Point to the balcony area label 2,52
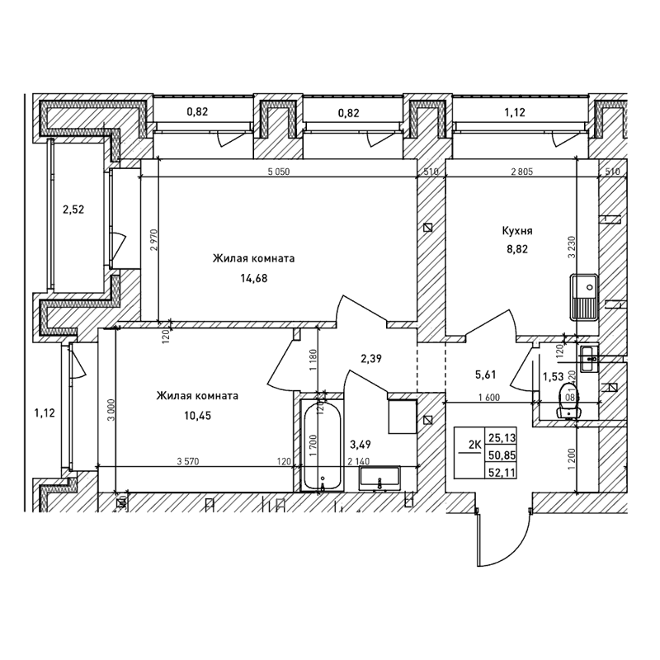[x=73, y=210]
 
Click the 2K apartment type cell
[x=474, y=446]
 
